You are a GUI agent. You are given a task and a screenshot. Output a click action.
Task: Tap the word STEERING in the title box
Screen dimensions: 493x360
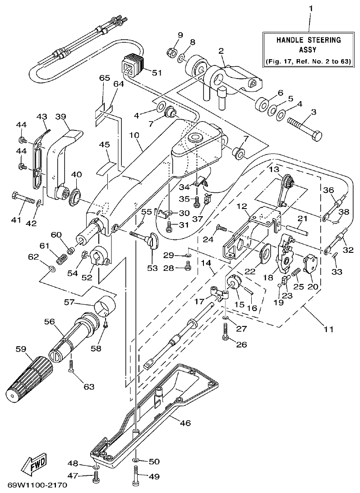(324, 40)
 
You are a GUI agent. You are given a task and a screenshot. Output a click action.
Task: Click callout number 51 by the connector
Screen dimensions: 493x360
(157, 72)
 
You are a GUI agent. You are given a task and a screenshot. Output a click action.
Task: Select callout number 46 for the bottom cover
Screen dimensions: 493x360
(185, 423)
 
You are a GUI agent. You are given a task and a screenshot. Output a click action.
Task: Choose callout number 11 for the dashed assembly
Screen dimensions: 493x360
(328, 329)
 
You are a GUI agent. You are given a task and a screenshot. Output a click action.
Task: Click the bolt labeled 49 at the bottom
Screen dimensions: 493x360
(136, 474)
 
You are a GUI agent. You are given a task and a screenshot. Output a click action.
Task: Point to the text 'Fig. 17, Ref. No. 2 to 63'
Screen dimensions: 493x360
(307, 61)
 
